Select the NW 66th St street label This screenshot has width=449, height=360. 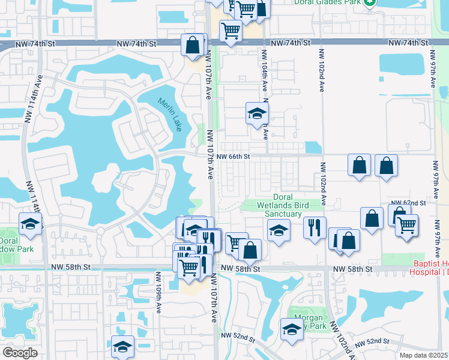[233, 156]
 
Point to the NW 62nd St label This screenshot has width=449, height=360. [408, 203]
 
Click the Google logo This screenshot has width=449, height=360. [20, 353]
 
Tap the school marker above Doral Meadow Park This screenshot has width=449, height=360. [30, 224]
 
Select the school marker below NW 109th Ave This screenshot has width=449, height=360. [122, 347]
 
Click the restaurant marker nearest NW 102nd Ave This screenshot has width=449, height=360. [314, 227]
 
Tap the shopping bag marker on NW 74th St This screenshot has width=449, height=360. [193, 44]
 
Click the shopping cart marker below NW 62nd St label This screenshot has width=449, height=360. [407, 226]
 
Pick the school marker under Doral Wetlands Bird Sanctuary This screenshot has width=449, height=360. [279, 230]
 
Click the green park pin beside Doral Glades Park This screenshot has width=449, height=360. [371, 2]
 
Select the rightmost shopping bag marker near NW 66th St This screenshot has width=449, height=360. [386, 166]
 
